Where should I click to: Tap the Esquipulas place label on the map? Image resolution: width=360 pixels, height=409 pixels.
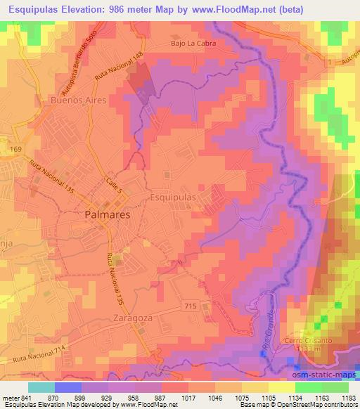[173, 198]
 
